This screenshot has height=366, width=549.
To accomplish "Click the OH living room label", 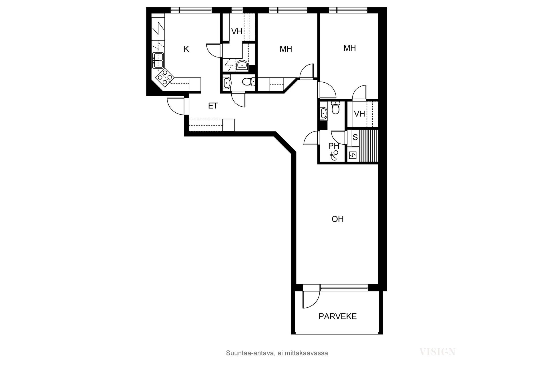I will click(x=337, y=219).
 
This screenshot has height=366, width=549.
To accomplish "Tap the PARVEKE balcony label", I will click(x=338, y=317).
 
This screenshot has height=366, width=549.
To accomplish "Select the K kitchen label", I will click(x=186, y=49).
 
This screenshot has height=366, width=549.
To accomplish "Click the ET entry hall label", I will click(x=213, y=106).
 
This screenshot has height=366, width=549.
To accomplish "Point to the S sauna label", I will click(x=355, y=138).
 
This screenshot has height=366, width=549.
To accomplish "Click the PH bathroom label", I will click(x=333, y=146).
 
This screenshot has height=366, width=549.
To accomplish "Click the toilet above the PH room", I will click(x=335, y=108).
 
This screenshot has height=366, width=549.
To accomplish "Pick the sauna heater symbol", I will click(x=353, y=155).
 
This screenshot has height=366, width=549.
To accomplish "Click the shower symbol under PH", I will click(x=334, y=156).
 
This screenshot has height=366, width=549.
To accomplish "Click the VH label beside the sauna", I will click(x=359, y=114).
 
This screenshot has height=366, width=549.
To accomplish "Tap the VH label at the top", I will click(x=236, y=31).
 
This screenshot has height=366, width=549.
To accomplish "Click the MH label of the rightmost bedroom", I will click(x=349, y=48).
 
